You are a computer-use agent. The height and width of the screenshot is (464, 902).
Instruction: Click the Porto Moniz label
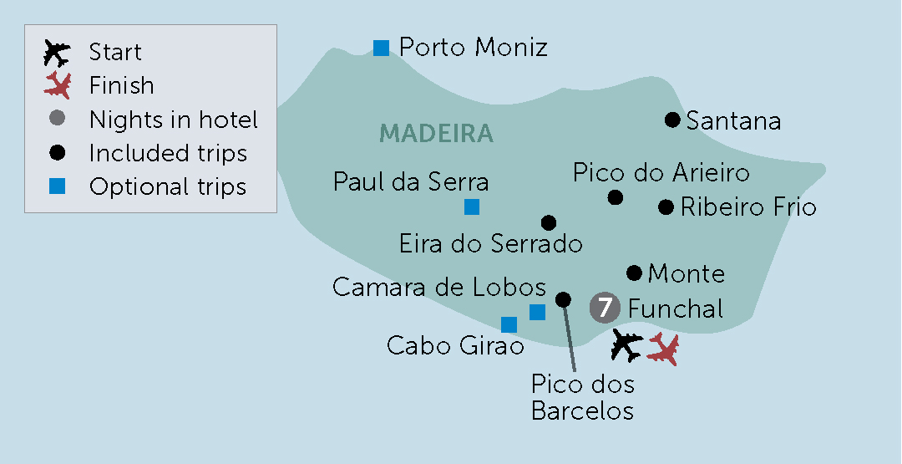[x=473, y=48]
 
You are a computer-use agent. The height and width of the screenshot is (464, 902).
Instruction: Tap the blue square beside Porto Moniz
[x=381, y=48]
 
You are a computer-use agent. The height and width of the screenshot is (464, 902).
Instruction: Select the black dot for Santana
[x=672, y=120]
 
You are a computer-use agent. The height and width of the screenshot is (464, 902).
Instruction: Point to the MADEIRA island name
[x=436, y=133]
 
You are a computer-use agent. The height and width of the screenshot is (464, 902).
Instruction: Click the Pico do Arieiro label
[x=661, y=173]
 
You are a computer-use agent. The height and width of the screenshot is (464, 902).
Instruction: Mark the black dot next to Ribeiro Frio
[x=666, y=207]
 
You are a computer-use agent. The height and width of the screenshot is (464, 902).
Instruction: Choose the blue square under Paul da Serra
[x=472, y=207]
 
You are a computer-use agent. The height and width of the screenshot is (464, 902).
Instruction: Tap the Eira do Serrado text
[x=490, y=244]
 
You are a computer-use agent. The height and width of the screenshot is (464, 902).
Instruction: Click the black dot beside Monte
[x=634, y=273]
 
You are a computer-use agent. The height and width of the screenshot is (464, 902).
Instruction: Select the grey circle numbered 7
[x=604, y=308]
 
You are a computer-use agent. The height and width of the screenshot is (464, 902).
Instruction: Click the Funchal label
[x=676, y=308]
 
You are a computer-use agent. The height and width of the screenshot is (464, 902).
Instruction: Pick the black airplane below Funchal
[x=626, y=345]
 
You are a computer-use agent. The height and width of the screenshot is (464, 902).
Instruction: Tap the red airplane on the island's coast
[x=663, y=349]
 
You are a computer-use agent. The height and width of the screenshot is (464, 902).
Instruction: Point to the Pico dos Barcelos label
[x=582, y=398]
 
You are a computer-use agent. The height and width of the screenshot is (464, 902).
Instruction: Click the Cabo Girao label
[x=455, y=345]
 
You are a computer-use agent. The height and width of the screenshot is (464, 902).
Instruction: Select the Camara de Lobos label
[x=438, y=287]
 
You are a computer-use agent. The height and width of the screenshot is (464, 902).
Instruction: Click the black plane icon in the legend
[x=57, y=54]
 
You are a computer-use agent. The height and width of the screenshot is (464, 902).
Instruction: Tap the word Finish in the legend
[x=122, y=85]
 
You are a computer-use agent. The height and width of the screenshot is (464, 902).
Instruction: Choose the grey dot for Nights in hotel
[x=57, y=119]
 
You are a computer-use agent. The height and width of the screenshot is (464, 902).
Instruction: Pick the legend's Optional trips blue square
[x=57, y=186]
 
